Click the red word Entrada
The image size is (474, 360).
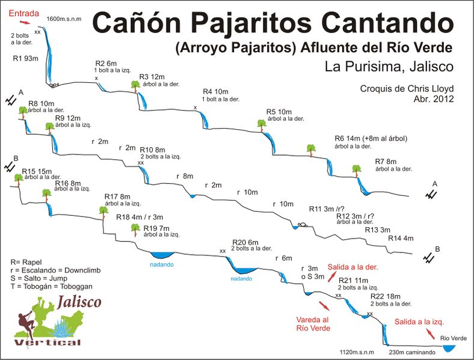23,12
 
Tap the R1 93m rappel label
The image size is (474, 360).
25,59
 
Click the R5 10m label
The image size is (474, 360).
279,112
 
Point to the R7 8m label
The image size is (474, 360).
386,162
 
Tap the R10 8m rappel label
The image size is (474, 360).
152,149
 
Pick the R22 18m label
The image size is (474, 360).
386,296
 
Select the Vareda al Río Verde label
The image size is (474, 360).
313,324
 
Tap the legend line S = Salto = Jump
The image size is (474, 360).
43,278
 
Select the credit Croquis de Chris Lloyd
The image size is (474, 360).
407,89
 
